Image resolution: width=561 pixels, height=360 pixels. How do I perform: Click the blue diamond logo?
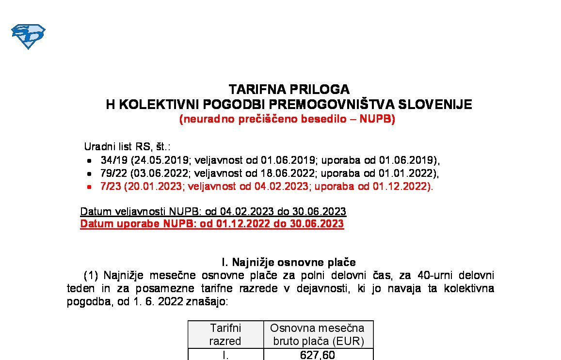(x=28, y=36)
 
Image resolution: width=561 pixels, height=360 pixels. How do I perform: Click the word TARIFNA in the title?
(x=255, y=90)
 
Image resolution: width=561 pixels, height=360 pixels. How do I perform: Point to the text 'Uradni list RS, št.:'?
(x=127, y=147)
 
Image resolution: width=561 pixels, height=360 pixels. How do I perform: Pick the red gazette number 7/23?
(x=111, y=187)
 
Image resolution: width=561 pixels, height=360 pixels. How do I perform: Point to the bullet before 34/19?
(x=89, y=161)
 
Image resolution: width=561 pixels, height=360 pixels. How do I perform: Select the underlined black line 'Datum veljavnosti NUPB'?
(x=213, y=212)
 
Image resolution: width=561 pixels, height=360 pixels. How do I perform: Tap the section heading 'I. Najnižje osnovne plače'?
(x=289, y=263)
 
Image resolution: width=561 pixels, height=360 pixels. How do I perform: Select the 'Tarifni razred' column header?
(x=225, y=334)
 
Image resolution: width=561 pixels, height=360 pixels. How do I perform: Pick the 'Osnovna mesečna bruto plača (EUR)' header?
(x=318, y=334)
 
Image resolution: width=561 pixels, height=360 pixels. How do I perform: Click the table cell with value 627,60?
(x=318, y=355)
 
